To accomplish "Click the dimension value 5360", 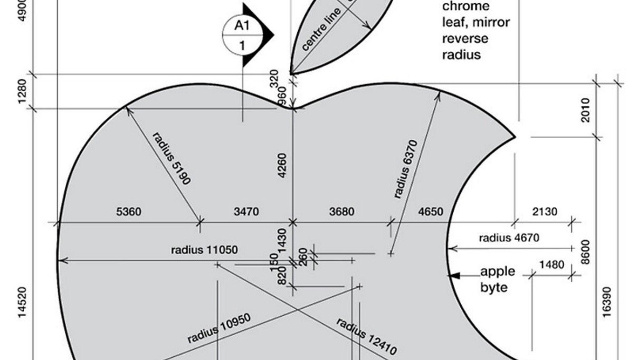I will click(129, 212).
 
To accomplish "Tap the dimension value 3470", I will click(246, 212).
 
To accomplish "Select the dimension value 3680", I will click(341, 212).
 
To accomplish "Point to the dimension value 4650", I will click(431, 212).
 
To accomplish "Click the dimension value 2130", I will click(544, 212).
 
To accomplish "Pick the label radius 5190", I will click(172, 158).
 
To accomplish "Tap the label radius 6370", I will click(405, 169).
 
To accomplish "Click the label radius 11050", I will click(204, 249).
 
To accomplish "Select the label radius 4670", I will click(509, 238).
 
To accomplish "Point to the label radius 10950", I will click(219, 328).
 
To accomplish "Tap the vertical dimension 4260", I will click(282, 165).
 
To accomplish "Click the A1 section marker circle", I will click(242, 35).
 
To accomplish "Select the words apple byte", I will click(497, 279).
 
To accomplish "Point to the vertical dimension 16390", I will click(607, 302).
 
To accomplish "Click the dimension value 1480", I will click(551, 264).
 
